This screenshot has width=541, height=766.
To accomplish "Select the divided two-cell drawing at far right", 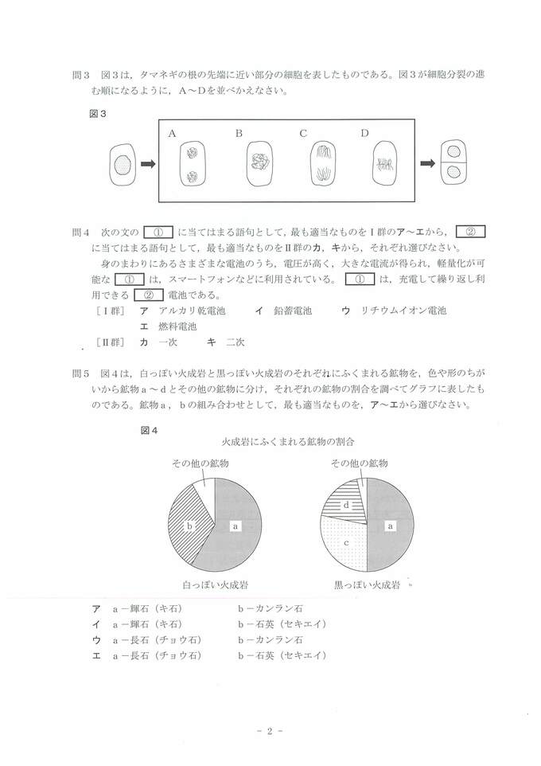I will pyautogui.click(x=453, y=163).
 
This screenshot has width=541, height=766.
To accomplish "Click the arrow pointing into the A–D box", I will pyautogui.click(x=147, y=164).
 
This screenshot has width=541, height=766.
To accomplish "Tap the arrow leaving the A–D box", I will pyautogui.click(x=427, y=164).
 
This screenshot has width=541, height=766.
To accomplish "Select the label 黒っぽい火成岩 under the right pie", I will pyautogui.click(x=367, y=584).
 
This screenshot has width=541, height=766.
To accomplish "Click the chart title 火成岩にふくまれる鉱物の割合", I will pyautogui.click(x=288, y=440).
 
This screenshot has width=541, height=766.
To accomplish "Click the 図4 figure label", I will pyautogui.click(x=150, y=430).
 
